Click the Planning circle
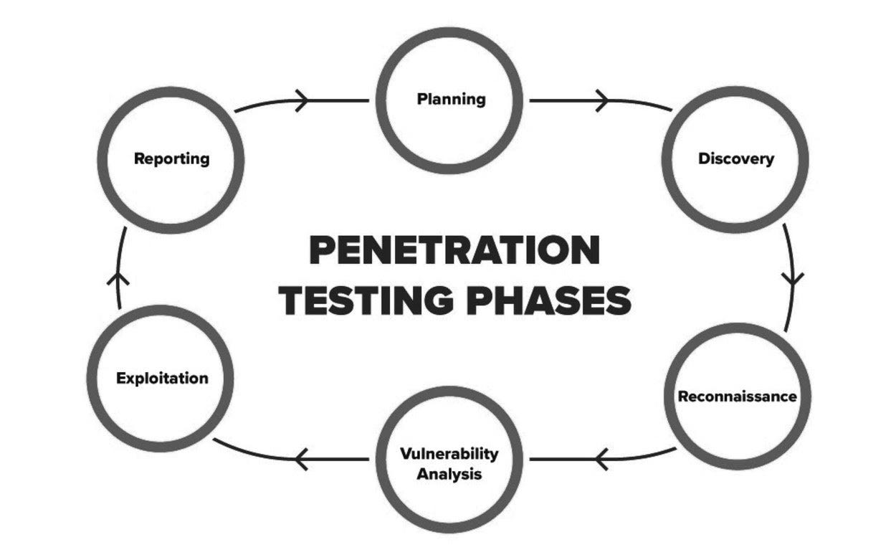pyautogui.click(x=451, y=100)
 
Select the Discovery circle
pyautogui.click(x=735, y=159)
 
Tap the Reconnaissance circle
pyautogui.click(x=737, y=396)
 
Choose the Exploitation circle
pyautogui.click(x=162, y=378)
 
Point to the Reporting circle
pyautogui.click(x=171, y=159)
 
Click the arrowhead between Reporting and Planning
pyautogui.click(x=304, y=100)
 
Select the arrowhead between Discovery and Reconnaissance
pyautogui.click(x=793, y=278)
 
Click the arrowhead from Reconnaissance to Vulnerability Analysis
pyautogui.click(x=602, y=457)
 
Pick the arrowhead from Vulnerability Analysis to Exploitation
pyautogui.click(x=301, y=457)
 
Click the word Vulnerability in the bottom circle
pyautogui.click(x=449, y=453)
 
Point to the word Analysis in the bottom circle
pyautogui.click(x=449, y=474)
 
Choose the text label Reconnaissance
pyautogui.click(x=737, y=396)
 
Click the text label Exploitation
pyautogui.click(x=162, y=378)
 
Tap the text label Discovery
pyautogui.click(x=735, y=159)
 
